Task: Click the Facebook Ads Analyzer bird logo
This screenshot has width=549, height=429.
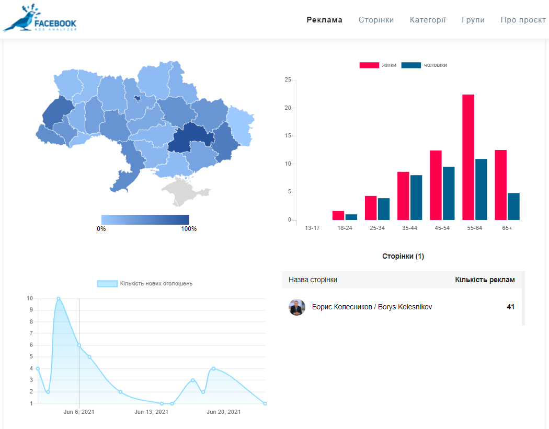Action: pos(40,18)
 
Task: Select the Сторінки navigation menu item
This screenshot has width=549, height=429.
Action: pos(376,20)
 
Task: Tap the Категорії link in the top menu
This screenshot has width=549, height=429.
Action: pos(428,20)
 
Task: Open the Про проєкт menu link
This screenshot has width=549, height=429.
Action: pos(523,20)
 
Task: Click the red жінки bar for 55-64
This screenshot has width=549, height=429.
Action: pos(468,157)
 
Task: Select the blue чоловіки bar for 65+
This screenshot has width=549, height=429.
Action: pos(513,206)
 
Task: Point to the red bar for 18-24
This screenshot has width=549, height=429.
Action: pos(338,216)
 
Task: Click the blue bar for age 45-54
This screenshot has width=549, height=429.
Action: pos(449,193)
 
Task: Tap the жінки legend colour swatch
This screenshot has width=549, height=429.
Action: pos(369,65)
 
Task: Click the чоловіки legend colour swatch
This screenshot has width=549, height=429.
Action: pos(411,65)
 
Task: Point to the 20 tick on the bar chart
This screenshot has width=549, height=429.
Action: pos(288,108)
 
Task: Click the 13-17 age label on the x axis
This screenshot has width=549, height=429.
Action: pos(312,228)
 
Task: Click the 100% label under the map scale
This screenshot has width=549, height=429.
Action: pos(189,229)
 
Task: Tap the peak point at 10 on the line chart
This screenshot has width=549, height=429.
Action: pos(59,298)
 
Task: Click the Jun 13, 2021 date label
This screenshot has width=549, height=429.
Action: pos(151,412)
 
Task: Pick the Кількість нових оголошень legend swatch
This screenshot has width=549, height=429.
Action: pos(107,283)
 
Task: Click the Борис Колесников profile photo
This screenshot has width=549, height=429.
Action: pos(297,307)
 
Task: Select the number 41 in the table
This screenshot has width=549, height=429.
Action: pos(510,307)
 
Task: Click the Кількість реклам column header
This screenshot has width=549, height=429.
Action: pos(485,280)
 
